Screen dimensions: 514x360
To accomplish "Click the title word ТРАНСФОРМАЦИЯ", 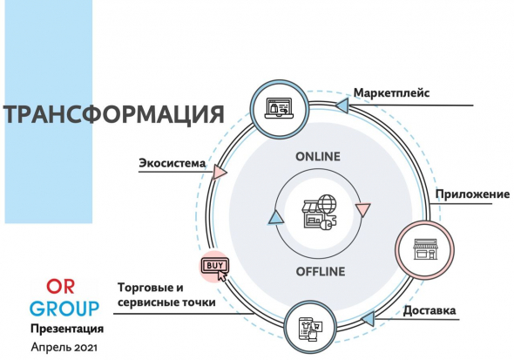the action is tap(113, 114).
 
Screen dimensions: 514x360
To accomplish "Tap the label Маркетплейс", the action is tap(391, 92).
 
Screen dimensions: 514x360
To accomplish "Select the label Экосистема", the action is tap(172, 163).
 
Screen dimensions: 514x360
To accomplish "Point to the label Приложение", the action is tap(472, 194).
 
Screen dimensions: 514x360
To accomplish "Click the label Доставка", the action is tap(429, 310).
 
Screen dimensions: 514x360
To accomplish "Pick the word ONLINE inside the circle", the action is tap(318, 157).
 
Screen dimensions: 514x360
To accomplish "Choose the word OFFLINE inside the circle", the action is tap(321, 271).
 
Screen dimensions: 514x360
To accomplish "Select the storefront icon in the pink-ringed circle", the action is tap(425, 249).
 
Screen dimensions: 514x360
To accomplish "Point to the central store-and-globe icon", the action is tap(319, 212).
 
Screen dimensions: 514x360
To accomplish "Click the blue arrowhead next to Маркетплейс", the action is tap(342, 105).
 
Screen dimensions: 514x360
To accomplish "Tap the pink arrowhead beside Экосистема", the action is tap(220, 172).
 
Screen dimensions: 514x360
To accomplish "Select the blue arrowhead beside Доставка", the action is tap(368, 318).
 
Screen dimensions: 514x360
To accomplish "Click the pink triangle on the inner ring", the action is tap(363, 210).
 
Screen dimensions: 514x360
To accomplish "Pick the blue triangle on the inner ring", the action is tap(275, 218).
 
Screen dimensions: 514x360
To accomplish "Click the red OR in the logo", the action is tap(61, 287).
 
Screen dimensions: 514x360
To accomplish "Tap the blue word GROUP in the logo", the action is tap(64, 309).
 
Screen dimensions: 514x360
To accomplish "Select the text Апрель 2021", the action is tap(64, 347).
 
